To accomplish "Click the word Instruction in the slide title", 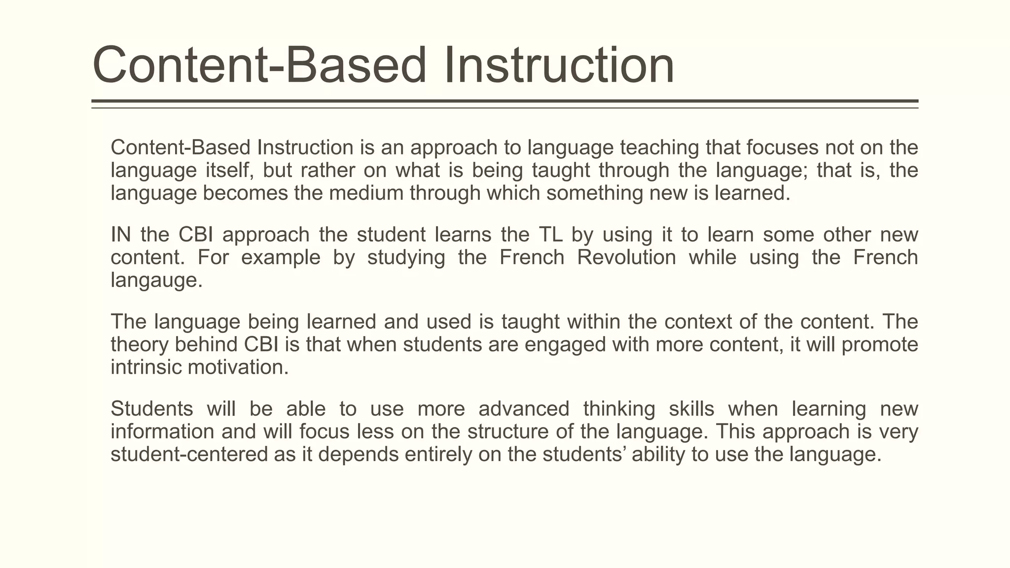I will (559, 66).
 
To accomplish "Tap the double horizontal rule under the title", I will (505, 104).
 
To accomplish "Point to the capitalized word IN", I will (120, 235).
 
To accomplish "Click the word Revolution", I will (626, 257).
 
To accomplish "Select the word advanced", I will (524, 409).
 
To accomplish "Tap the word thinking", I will (619, 409).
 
